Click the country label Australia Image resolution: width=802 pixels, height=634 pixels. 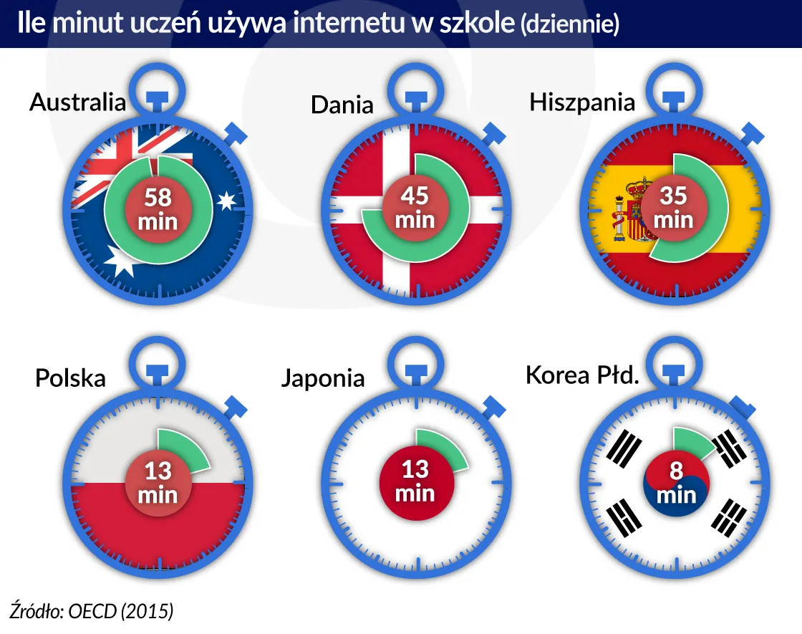click(x=77, y=102)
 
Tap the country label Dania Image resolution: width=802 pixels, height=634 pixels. click(x=342, y=105)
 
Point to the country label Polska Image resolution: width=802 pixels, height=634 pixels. click(x=70, y=378)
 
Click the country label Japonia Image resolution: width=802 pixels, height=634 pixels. click(x=322, y=378)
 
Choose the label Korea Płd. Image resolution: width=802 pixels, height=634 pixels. click(x=581, y=375)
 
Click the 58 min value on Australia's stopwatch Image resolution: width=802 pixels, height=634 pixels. click(x=158, y=209)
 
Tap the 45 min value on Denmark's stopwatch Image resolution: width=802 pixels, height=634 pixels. click(x=415, y=208)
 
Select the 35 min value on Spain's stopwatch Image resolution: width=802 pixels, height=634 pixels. click(x=673, y=208)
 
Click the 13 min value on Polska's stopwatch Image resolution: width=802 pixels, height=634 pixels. click(x=158, y=483)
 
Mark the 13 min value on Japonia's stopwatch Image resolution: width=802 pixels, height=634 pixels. click(x=415, y=481)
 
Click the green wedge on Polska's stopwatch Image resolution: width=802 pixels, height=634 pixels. click(x=182, y=448)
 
